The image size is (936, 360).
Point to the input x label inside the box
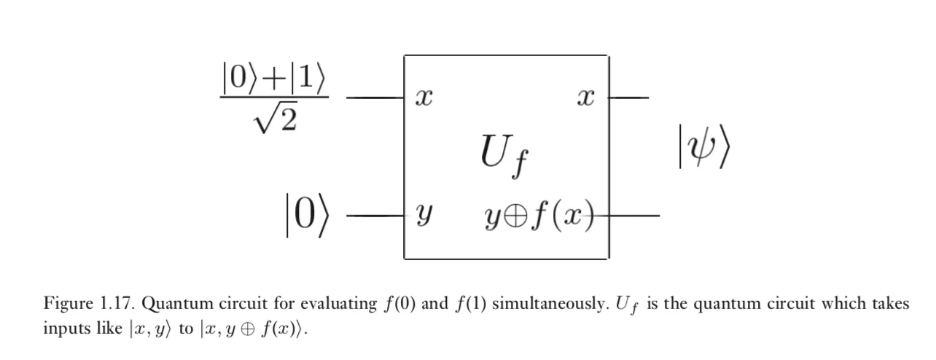pos(419,98)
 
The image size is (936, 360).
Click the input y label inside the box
pos(421,216)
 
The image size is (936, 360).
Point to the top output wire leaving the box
pos(628,97)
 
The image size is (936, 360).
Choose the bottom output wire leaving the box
pos(634,216)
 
